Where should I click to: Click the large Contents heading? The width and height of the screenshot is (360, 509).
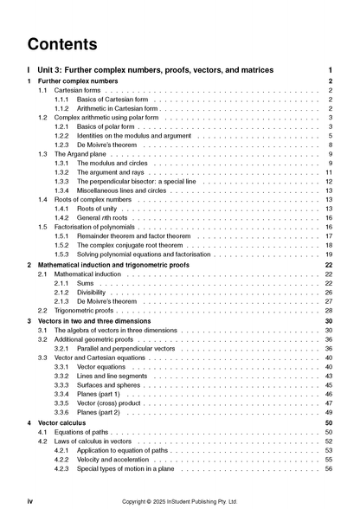[61, 43]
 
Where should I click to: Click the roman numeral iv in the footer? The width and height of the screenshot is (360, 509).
[30, 500]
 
